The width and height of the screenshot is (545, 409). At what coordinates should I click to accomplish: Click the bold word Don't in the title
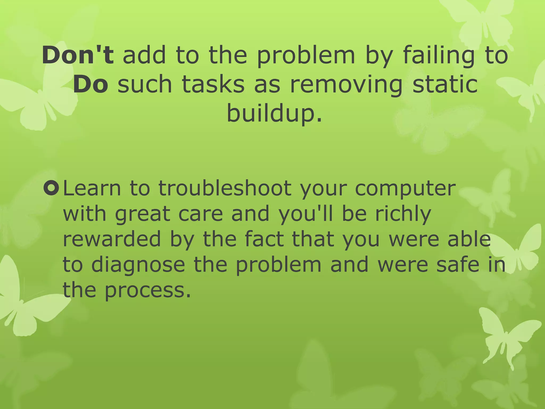(78, 55)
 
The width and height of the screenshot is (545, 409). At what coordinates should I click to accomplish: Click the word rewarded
(112, 239)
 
